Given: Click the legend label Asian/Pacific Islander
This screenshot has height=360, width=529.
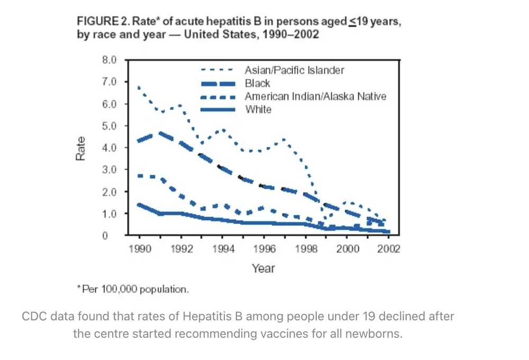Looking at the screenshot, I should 294,70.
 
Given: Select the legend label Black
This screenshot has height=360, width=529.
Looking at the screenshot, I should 258,83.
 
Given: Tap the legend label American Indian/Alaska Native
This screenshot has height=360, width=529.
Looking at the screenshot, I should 315,96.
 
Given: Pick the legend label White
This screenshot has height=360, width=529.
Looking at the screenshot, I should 258,110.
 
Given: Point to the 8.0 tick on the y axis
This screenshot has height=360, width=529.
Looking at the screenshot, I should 109,60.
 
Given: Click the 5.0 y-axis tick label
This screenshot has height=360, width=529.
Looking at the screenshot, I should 109,126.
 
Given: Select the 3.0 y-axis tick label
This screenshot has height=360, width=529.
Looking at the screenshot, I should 109,170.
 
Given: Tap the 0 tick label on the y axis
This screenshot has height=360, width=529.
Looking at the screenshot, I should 106,236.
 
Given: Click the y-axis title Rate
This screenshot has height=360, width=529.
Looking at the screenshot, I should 80,148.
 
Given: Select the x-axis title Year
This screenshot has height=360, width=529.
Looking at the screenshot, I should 263,268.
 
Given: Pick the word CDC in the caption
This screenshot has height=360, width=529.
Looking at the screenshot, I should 33,317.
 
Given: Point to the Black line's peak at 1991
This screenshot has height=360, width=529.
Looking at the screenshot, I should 159,133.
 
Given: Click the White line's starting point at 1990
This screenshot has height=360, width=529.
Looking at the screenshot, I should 139,204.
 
